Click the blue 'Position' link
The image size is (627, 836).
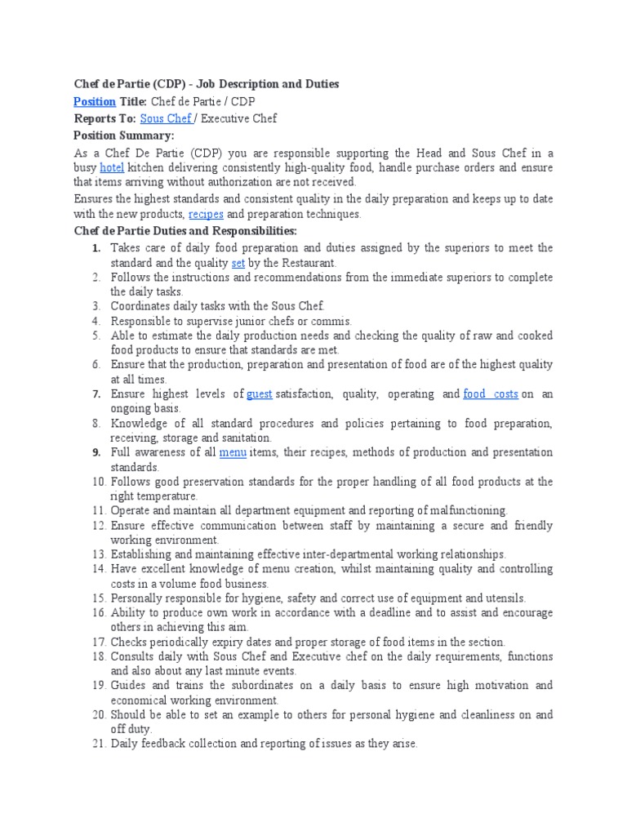(x=94, y=101)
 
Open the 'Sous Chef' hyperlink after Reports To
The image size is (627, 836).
(x=166, y=118)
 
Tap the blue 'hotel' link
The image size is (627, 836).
(x=111, y=167)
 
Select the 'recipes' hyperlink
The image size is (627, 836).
(x=206, y=214)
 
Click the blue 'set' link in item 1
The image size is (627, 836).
(x=238, y=263)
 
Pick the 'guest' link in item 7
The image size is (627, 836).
(x=260, y=394)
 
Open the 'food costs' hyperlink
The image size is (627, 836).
(x=491, y=394)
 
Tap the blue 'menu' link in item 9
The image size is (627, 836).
(x=233, y=452)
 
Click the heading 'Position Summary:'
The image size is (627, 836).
(x=124, y=136)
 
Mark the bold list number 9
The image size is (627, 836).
(x=96, y=452)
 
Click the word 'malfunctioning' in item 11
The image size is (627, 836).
(x=468, y=510)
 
